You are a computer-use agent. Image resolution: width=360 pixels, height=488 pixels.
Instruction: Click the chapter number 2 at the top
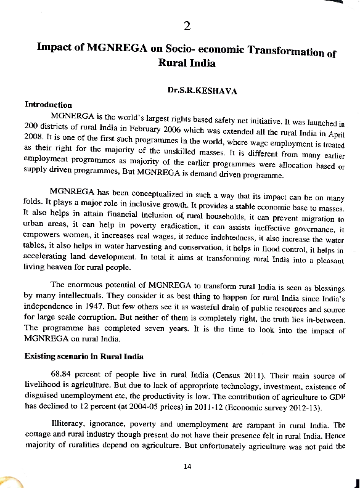(187, 25)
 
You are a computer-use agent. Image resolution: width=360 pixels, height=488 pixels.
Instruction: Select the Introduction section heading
(48, 104)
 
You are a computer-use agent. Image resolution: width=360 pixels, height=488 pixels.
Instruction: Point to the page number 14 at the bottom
(188, 466)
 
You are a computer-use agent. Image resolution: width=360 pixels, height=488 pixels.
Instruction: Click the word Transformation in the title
(284, 51)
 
